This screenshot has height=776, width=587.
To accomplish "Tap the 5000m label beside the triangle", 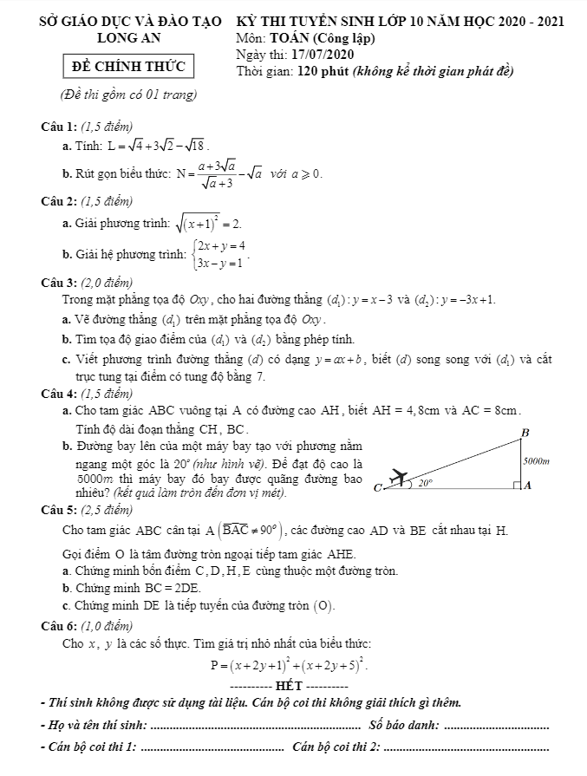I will coord(538,461).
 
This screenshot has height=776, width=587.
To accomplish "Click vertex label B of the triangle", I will coord(523,432).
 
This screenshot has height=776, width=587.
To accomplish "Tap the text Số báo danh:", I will coord(404,724).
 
